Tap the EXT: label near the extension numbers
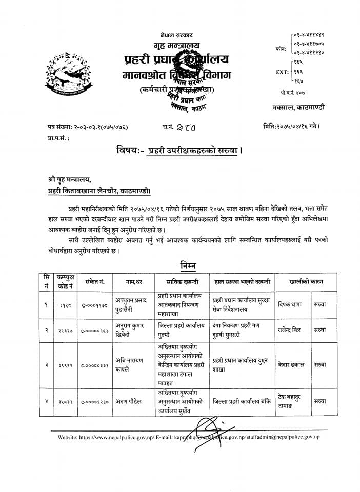(283, 72)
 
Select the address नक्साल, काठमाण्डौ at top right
(298, 107)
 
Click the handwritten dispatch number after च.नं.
(183, 126)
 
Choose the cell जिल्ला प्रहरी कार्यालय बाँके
(242, 402)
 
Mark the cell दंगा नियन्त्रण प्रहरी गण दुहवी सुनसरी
(242, 330)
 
